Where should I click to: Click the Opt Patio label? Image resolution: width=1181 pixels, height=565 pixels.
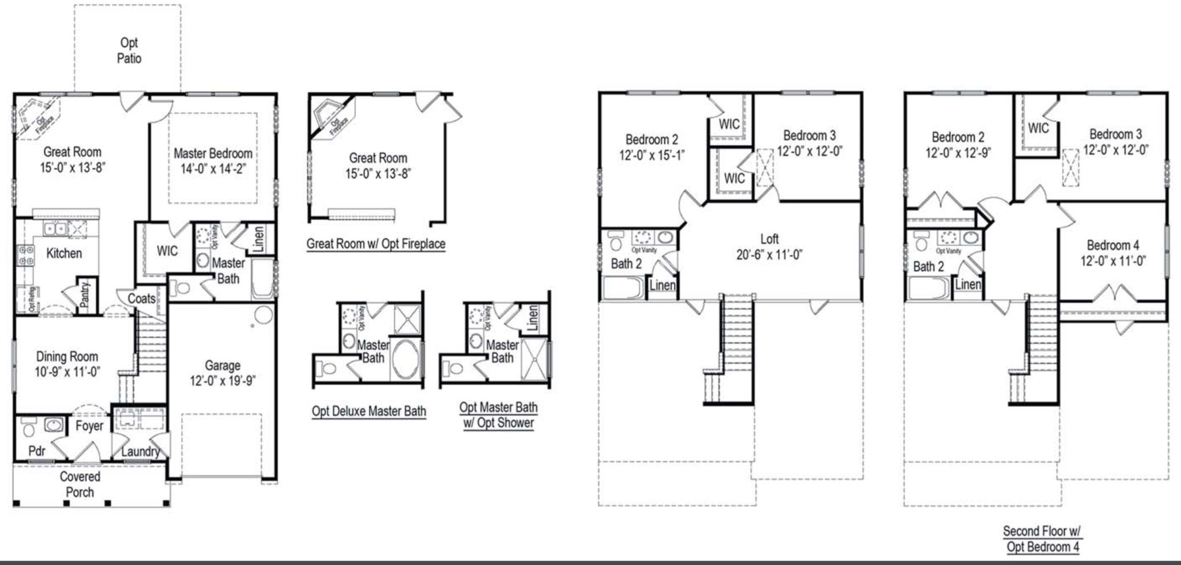(x=129, y=51)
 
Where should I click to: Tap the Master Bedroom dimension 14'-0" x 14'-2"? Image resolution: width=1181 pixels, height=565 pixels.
(x=213, y=170)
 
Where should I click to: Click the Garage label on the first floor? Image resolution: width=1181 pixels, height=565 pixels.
(x=223, y=366)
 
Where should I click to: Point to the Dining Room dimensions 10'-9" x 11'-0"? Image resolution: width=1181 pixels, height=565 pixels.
(x=67, y=372)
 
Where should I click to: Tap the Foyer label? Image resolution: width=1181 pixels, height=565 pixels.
(x=89, y=426)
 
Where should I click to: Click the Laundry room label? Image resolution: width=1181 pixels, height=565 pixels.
(x=140, y=451)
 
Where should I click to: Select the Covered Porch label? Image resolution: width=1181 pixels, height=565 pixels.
(x=80, y=484)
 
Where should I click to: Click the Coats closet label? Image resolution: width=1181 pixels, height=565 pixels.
(x=141, y=299)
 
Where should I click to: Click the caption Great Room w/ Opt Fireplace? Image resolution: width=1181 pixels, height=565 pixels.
(x=376, y=244)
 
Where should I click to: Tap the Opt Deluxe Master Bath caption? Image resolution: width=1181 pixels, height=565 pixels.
(x=369, y=412)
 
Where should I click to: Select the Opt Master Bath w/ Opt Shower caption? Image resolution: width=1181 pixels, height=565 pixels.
(x=499, y=415)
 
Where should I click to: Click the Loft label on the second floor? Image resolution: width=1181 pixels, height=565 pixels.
(x=769, y=239)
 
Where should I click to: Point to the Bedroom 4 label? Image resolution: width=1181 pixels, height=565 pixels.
(x=1113, y=245)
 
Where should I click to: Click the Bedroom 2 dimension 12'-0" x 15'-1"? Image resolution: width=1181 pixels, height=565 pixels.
(x=652, y=156)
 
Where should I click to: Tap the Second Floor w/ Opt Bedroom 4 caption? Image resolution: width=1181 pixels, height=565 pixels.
(x=1042, y=539)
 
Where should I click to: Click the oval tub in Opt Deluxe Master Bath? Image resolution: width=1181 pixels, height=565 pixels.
(x=406, y=359)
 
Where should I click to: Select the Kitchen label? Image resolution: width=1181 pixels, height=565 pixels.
(x=64, y=254)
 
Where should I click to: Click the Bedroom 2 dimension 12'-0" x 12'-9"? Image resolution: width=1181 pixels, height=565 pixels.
(x=958, y=153)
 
